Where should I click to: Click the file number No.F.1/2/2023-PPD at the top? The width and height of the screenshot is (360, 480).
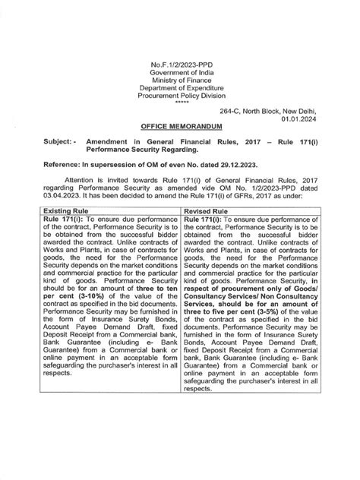pyautogui.click(x=180, y=69)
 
